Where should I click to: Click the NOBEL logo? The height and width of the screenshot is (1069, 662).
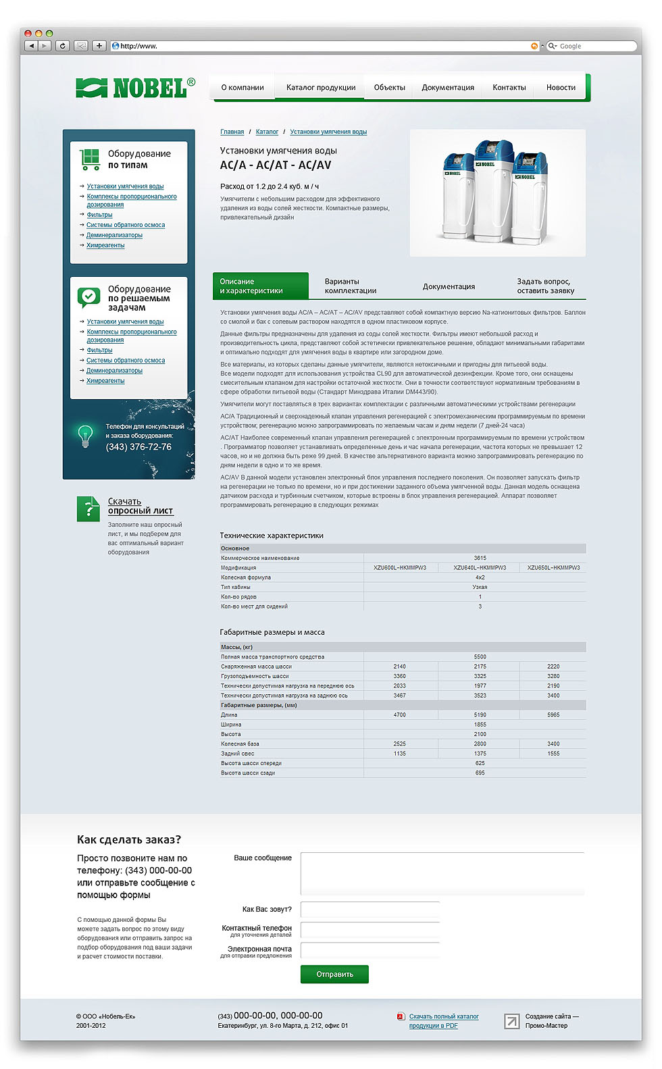click(135, 87)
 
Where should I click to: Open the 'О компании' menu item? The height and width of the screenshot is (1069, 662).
click(243, 88)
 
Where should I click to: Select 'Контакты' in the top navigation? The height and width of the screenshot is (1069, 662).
click(509, 88)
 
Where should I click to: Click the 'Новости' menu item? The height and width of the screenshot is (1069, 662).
click(561, 88)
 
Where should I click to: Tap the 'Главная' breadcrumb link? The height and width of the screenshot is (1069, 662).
click(232, 132)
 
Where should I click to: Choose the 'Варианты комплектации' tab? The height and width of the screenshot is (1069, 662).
click(350, 286)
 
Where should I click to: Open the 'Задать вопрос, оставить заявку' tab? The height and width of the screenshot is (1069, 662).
click(545, 286)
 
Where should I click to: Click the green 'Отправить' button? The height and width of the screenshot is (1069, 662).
click(334, 974)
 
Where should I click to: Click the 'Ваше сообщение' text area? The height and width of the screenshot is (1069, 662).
click(442, 873)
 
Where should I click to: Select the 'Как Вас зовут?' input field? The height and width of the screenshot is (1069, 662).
click(370, 910)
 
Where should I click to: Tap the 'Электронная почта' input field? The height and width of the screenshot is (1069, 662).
click(370, 950)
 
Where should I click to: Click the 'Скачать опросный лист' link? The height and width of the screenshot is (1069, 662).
click(141, 506)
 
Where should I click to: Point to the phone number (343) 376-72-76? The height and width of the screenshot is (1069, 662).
click(138, 447)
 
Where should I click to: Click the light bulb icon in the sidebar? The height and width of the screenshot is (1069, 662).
click(85, 436)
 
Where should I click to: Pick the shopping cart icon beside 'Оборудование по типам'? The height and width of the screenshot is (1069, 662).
click(89, 159)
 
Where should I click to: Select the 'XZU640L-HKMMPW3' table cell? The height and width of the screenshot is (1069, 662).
click(480, 568)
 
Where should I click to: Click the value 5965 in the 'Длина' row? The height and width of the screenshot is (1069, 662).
click(553, 714)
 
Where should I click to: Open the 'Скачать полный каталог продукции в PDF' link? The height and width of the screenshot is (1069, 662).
click(443, 1021)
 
